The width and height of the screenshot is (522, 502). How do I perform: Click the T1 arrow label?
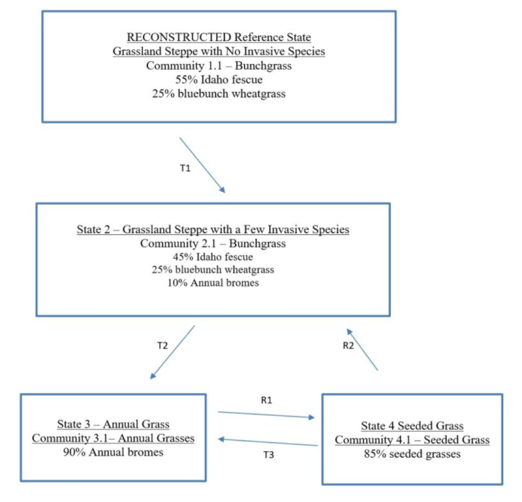(x=185, y=168)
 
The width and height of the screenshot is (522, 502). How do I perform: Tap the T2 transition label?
(x=162, y=346)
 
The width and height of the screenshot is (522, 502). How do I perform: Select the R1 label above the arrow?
(x=266, y=400)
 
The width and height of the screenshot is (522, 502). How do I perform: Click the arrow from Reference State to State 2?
(x=202, y=165)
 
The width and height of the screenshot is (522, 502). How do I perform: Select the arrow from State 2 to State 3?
(x=173, y=352)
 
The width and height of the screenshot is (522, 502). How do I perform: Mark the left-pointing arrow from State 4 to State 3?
(x=268, y=443)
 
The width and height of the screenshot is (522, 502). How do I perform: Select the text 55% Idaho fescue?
(x=217, y=80)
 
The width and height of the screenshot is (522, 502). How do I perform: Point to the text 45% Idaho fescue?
(x=212, y=257)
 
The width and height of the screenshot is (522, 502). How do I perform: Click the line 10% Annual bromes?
(x=212, y=283)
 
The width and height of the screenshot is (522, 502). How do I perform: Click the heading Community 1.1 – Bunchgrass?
(x=217, y=66)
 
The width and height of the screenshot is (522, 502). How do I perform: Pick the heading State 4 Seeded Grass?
(x=412, y=426)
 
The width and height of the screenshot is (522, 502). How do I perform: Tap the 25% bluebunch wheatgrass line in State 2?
(x=212, y=270)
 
